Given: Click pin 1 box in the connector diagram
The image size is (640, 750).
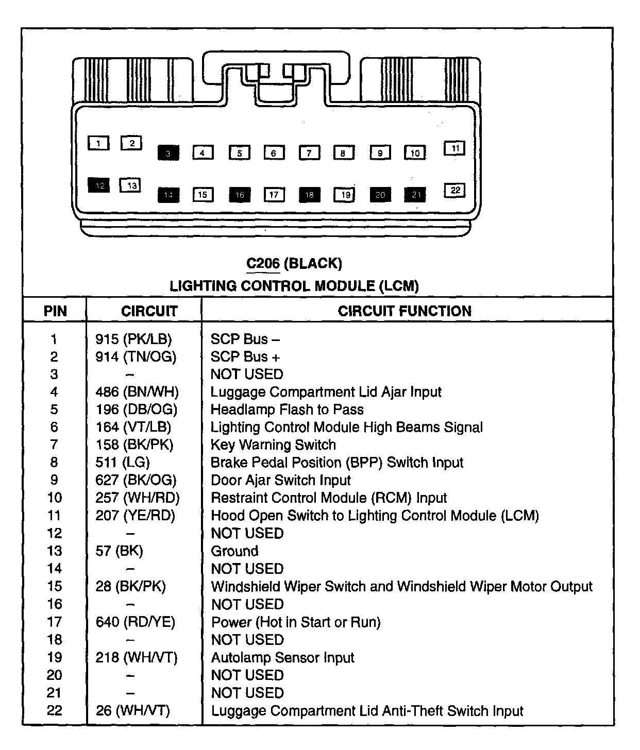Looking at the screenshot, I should (98, 143).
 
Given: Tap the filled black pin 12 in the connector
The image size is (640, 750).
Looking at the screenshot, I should (98, 185).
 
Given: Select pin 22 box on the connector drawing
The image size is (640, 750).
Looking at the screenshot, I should (454, 191).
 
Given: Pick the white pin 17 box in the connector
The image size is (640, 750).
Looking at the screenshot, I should (274, 195).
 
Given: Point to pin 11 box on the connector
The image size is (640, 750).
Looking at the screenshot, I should (454, 148).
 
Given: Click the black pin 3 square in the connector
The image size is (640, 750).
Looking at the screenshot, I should (168, 153).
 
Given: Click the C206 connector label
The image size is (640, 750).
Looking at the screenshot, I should (263, 264).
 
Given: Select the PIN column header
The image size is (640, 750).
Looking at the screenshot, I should (55, 311).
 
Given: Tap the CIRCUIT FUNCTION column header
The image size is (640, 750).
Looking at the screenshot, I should (405, 311).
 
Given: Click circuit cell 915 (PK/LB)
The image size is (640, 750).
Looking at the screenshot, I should (133, 339).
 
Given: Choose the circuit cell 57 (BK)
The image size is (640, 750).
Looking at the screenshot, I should (119, 551).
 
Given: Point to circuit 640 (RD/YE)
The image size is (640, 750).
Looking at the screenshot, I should (135, 622).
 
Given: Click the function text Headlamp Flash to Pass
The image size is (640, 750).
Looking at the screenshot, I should (287, 410).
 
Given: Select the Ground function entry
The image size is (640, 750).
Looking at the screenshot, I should (234, 551).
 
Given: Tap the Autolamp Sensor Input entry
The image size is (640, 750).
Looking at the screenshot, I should (283, 657).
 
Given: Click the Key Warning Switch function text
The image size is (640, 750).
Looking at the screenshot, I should (273, 445).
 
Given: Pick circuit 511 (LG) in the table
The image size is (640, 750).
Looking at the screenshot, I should (123, 462).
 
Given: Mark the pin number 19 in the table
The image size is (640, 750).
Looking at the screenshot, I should (55, 657).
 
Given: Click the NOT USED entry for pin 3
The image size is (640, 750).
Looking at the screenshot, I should (247, 374).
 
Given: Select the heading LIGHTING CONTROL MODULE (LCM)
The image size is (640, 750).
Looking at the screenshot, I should (294, 286).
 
